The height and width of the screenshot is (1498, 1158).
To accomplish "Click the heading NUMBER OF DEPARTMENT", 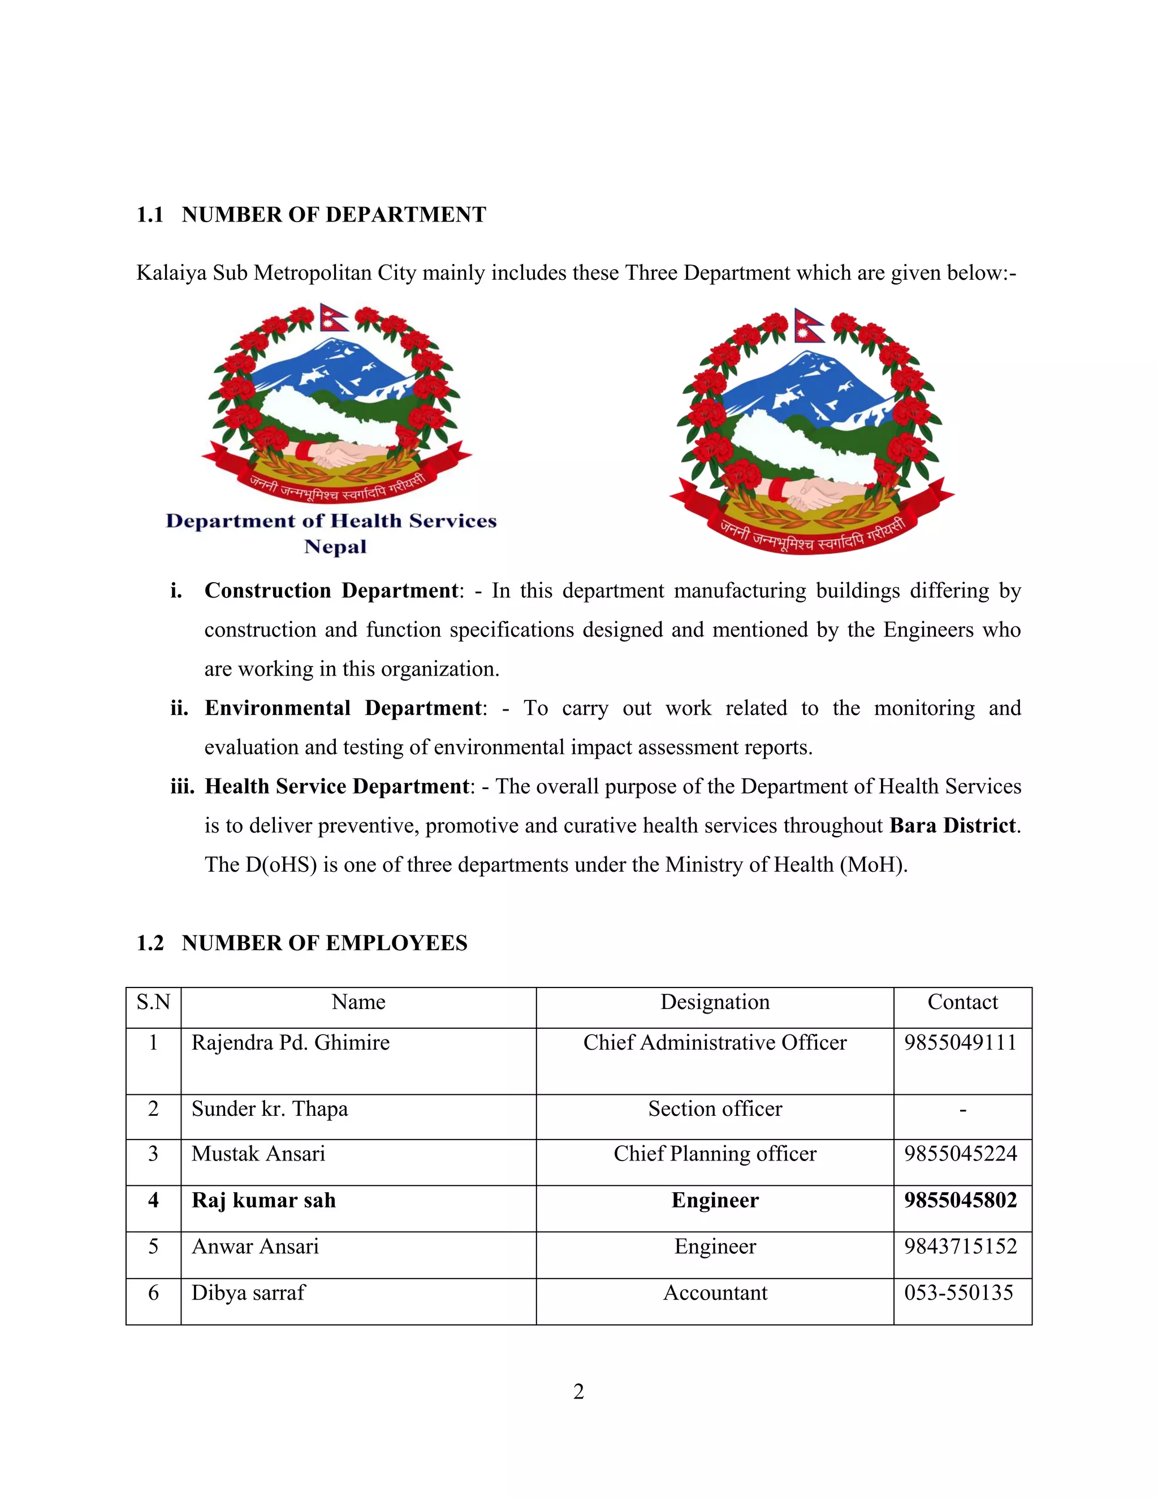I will point(334,215).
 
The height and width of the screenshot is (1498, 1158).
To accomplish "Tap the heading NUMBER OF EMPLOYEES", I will point(324,943).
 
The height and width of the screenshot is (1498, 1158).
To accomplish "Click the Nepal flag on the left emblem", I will point(334,318).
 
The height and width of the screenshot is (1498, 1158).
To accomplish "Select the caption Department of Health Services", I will point(331,521).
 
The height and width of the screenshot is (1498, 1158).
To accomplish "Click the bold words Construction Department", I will point(331,591).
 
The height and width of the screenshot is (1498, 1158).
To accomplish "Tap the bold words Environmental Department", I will point(344,708).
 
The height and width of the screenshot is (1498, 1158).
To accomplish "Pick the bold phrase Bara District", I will point(952,825).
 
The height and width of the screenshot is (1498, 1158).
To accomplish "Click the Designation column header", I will point(715,1002).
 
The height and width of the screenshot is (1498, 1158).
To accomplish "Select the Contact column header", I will point(962,1002).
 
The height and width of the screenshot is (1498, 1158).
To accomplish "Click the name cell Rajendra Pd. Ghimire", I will point(290,1042).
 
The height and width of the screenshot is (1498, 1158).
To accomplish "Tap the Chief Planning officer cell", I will point(715,1154).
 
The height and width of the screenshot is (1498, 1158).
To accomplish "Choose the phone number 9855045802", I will point(961,1200).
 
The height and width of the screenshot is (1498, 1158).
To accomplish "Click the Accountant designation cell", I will point(715,1293).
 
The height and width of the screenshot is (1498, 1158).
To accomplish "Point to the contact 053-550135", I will point(958,1293).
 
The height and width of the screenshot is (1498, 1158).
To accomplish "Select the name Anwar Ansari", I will point(255,1246).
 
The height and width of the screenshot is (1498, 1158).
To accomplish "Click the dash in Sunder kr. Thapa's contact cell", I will point(963,1109).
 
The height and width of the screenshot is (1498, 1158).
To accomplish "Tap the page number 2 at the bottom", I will point(578,1392).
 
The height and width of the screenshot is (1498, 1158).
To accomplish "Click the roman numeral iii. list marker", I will point(183,786).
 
